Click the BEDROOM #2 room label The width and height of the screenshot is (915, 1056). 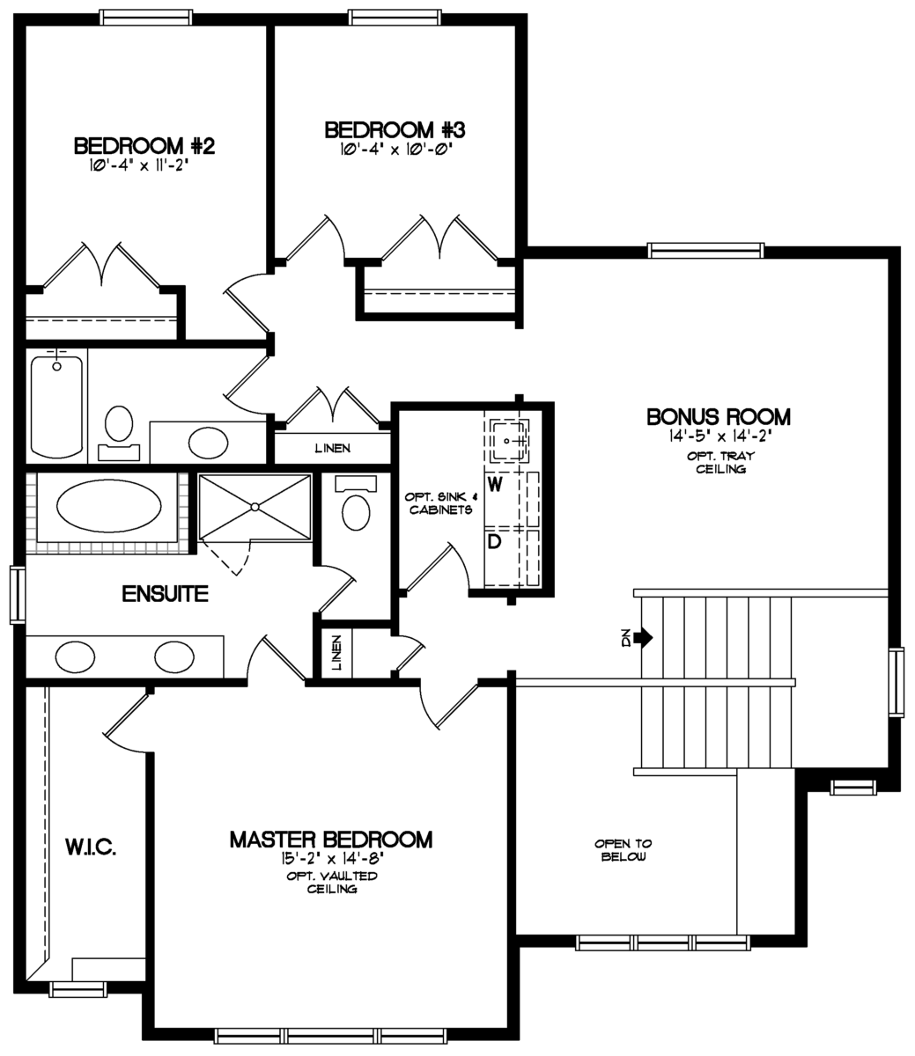(144, 144)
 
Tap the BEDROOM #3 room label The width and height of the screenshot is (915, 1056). (395, 129)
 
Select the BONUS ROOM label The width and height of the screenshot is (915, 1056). (719, 415)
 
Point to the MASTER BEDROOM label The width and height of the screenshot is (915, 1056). (330, 840)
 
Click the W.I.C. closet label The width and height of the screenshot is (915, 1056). (91, 847)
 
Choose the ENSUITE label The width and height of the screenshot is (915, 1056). (165, 594)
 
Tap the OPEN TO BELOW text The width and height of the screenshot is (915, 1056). (623, 849)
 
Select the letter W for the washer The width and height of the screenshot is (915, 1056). (495, 485)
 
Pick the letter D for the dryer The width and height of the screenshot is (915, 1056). (495, 541)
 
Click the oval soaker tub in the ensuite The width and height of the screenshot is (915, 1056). (109, 508)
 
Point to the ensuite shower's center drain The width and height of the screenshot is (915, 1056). (255, 506)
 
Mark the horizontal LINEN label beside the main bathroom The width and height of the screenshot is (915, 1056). (332, 449)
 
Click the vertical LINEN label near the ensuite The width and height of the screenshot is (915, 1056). (336, 654)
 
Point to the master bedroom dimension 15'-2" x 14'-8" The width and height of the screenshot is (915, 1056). (330, 858)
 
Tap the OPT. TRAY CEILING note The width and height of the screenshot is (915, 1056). (719, 463)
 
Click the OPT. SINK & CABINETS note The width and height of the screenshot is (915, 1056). (440, 502)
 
